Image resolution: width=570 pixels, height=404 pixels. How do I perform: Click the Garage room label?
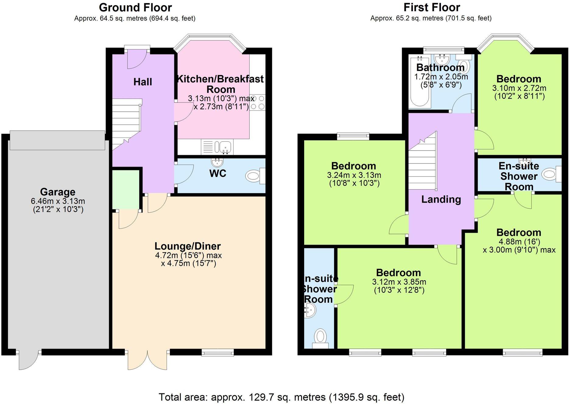58,192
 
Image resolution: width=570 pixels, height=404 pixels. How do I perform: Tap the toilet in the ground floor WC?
253,176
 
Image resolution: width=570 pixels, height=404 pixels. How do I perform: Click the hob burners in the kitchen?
258,103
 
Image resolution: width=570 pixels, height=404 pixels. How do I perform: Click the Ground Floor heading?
135,7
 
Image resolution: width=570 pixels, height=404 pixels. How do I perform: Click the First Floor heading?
431,7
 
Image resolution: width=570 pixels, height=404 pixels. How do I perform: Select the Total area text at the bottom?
281,397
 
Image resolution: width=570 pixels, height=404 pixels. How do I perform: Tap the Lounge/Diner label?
188,246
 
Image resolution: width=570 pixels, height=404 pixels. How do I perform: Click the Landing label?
441,200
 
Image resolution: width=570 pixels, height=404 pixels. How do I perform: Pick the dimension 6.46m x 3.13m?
58,201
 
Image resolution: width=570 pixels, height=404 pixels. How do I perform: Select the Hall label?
142,82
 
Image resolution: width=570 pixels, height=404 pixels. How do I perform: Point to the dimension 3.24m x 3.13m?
354,175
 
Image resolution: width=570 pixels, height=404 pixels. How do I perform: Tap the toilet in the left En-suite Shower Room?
320,337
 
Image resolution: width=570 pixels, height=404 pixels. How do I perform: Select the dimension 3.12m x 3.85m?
399,282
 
